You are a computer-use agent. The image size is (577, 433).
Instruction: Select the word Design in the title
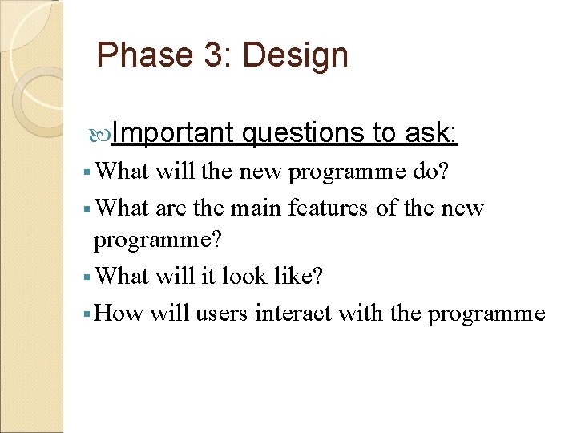click(295, 55)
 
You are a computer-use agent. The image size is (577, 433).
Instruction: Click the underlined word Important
click(172, 132)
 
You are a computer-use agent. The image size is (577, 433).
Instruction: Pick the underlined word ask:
click(431, 132)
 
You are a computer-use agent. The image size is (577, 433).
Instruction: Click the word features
click(333, 208)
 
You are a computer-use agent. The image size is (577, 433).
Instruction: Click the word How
click(118, 313)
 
